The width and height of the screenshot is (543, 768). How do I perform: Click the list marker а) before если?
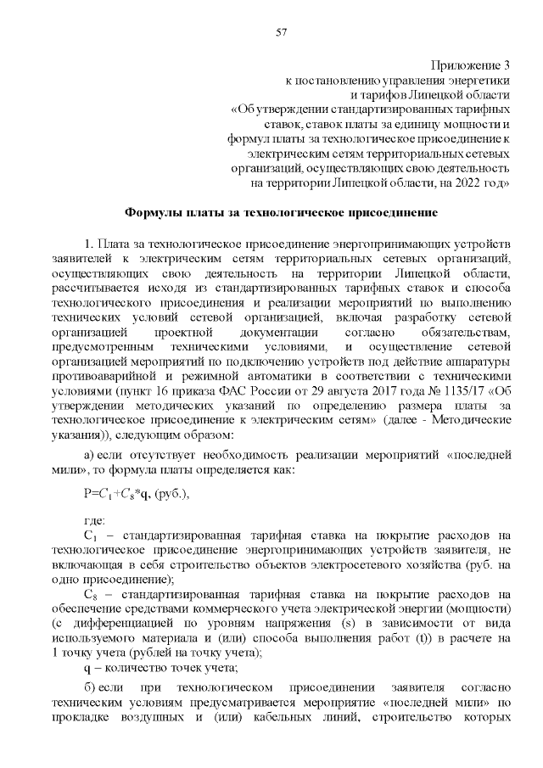89,455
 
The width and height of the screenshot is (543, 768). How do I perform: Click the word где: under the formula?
93,520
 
